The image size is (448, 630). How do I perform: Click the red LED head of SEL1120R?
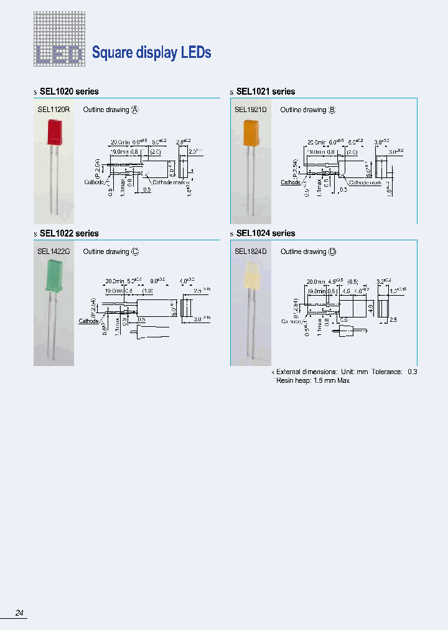pyautogui.click(x=54, y=133)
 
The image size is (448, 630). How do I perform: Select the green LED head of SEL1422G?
pyautogui.click(x=54, y=276)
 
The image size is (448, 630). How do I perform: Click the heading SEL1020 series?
pyautogui.click(x=69, y=92)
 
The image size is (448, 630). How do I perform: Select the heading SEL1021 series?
pyautogui.click(x=266, y=92)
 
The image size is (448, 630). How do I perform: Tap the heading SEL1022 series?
pyautogui.click(x=69, y=233)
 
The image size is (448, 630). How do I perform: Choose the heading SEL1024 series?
pyautogui.click(x=266, y=233)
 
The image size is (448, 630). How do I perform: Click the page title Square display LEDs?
pyautogui.click(x=151, y=53)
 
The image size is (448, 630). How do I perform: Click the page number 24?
pyautogui.click(x=19, y=613)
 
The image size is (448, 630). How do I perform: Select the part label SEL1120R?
pyautogui.click(x=54, y=110)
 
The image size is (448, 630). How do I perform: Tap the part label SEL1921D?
pyautogui.click(x=251, y=110)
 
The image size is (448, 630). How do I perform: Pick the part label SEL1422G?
pyautogui.click(x=54, y=252)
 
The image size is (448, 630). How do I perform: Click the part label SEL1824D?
pyautogui.click(x=251, y=252)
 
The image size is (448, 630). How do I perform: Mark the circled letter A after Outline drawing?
pyautogui.click(x=134, y=110)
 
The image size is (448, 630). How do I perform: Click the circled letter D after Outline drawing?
pyautogui.click(x=332, y=252)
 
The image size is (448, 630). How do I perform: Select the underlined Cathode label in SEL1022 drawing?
pyautogui.click(x=88, y=321)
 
